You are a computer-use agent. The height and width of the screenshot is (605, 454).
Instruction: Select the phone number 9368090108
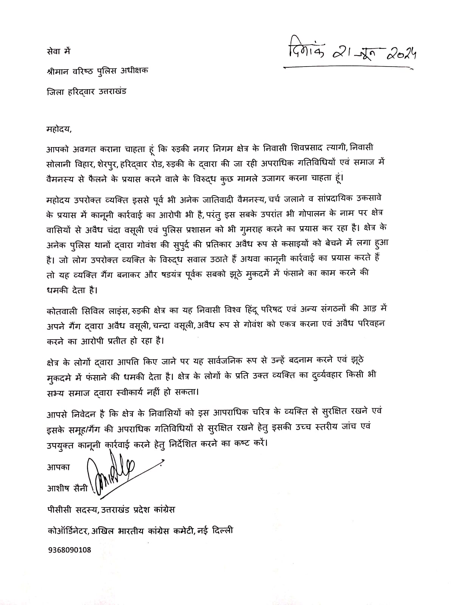pyautogui.click(x=69, y=549)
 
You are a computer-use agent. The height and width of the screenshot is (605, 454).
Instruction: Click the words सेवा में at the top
pyautogui.click(x=57, y=51)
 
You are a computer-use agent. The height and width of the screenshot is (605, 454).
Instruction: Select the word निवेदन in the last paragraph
pyautogui.click(x=86, y=411)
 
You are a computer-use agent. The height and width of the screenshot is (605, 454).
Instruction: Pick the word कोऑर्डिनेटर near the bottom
pyautogui.click(x=67, y=531)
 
